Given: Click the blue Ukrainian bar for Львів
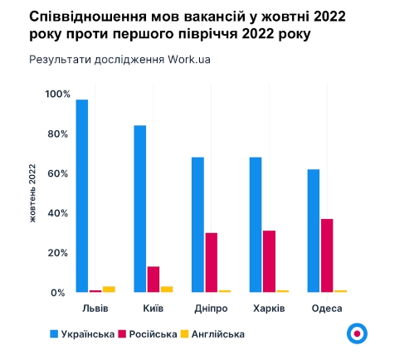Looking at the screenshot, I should (x=82, y=196).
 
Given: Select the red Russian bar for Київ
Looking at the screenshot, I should (x=153, y=280).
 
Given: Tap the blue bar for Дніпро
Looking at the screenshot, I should (x=197, y=224).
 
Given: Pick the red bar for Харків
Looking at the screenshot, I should (x=269, y=261).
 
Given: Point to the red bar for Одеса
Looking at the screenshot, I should (x=327, y=255).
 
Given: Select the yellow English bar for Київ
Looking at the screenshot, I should (x=167, y=289).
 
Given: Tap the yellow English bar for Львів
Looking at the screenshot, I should (x=109, y=289).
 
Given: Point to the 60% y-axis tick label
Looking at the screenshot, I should (x=55, y=173).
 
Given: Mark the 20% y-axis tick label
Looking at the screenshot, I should (x=55, y=253).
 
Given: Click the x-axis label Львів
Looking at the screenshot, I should (x=95, y=308).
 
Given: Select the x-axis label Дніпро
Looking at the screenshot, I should (x=211, y=308).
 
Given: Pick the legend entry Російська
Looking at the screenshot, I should (x=153, y=333).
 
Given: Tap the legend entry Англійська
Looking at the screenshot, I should (x=217, y=333).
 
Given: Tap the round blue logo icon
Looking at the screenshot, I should (x=357, y=333).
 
